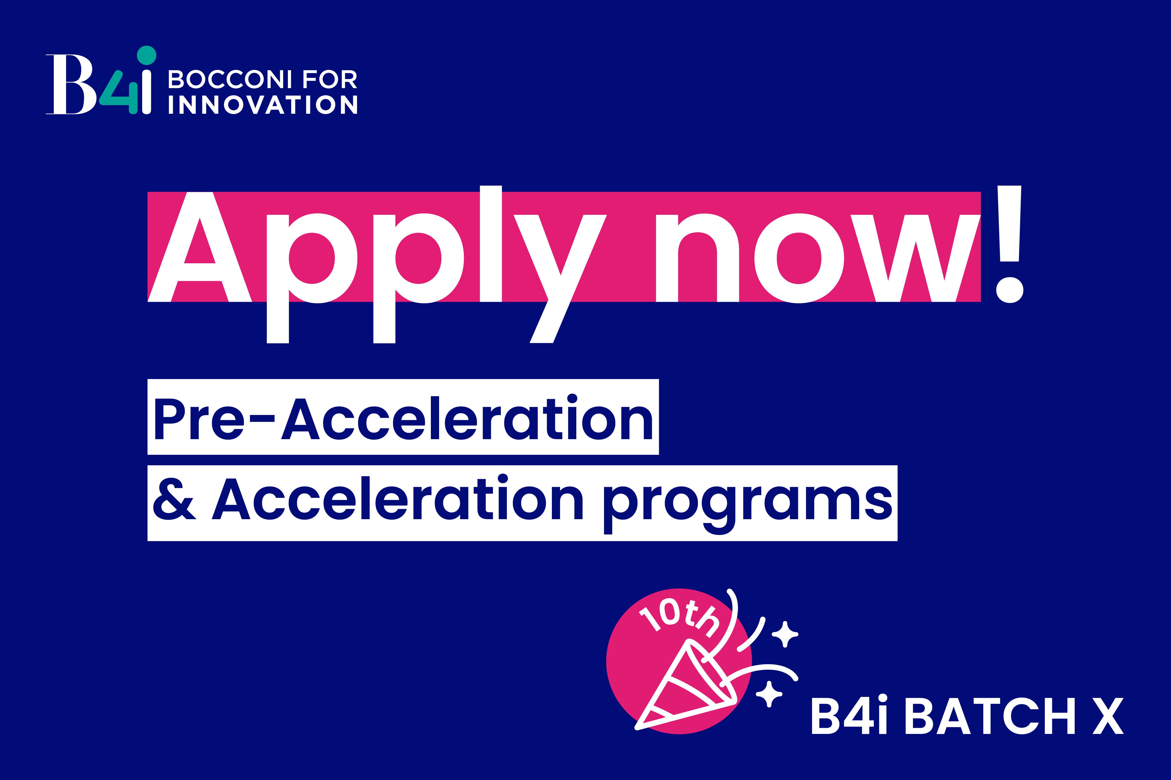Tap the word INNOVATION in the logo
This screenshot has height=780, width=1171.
point(263,104)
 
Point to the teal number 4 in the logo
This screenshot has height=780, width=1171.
point(119,92)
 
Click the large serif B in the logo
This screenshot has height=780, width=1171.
point(71,84)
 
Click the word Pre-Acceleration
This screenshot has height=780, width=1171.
point(403,418)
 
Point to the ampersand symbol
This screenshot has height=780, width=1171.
point(174,499)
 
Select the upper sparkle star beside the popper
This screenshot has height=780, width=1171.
point(785,634)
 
